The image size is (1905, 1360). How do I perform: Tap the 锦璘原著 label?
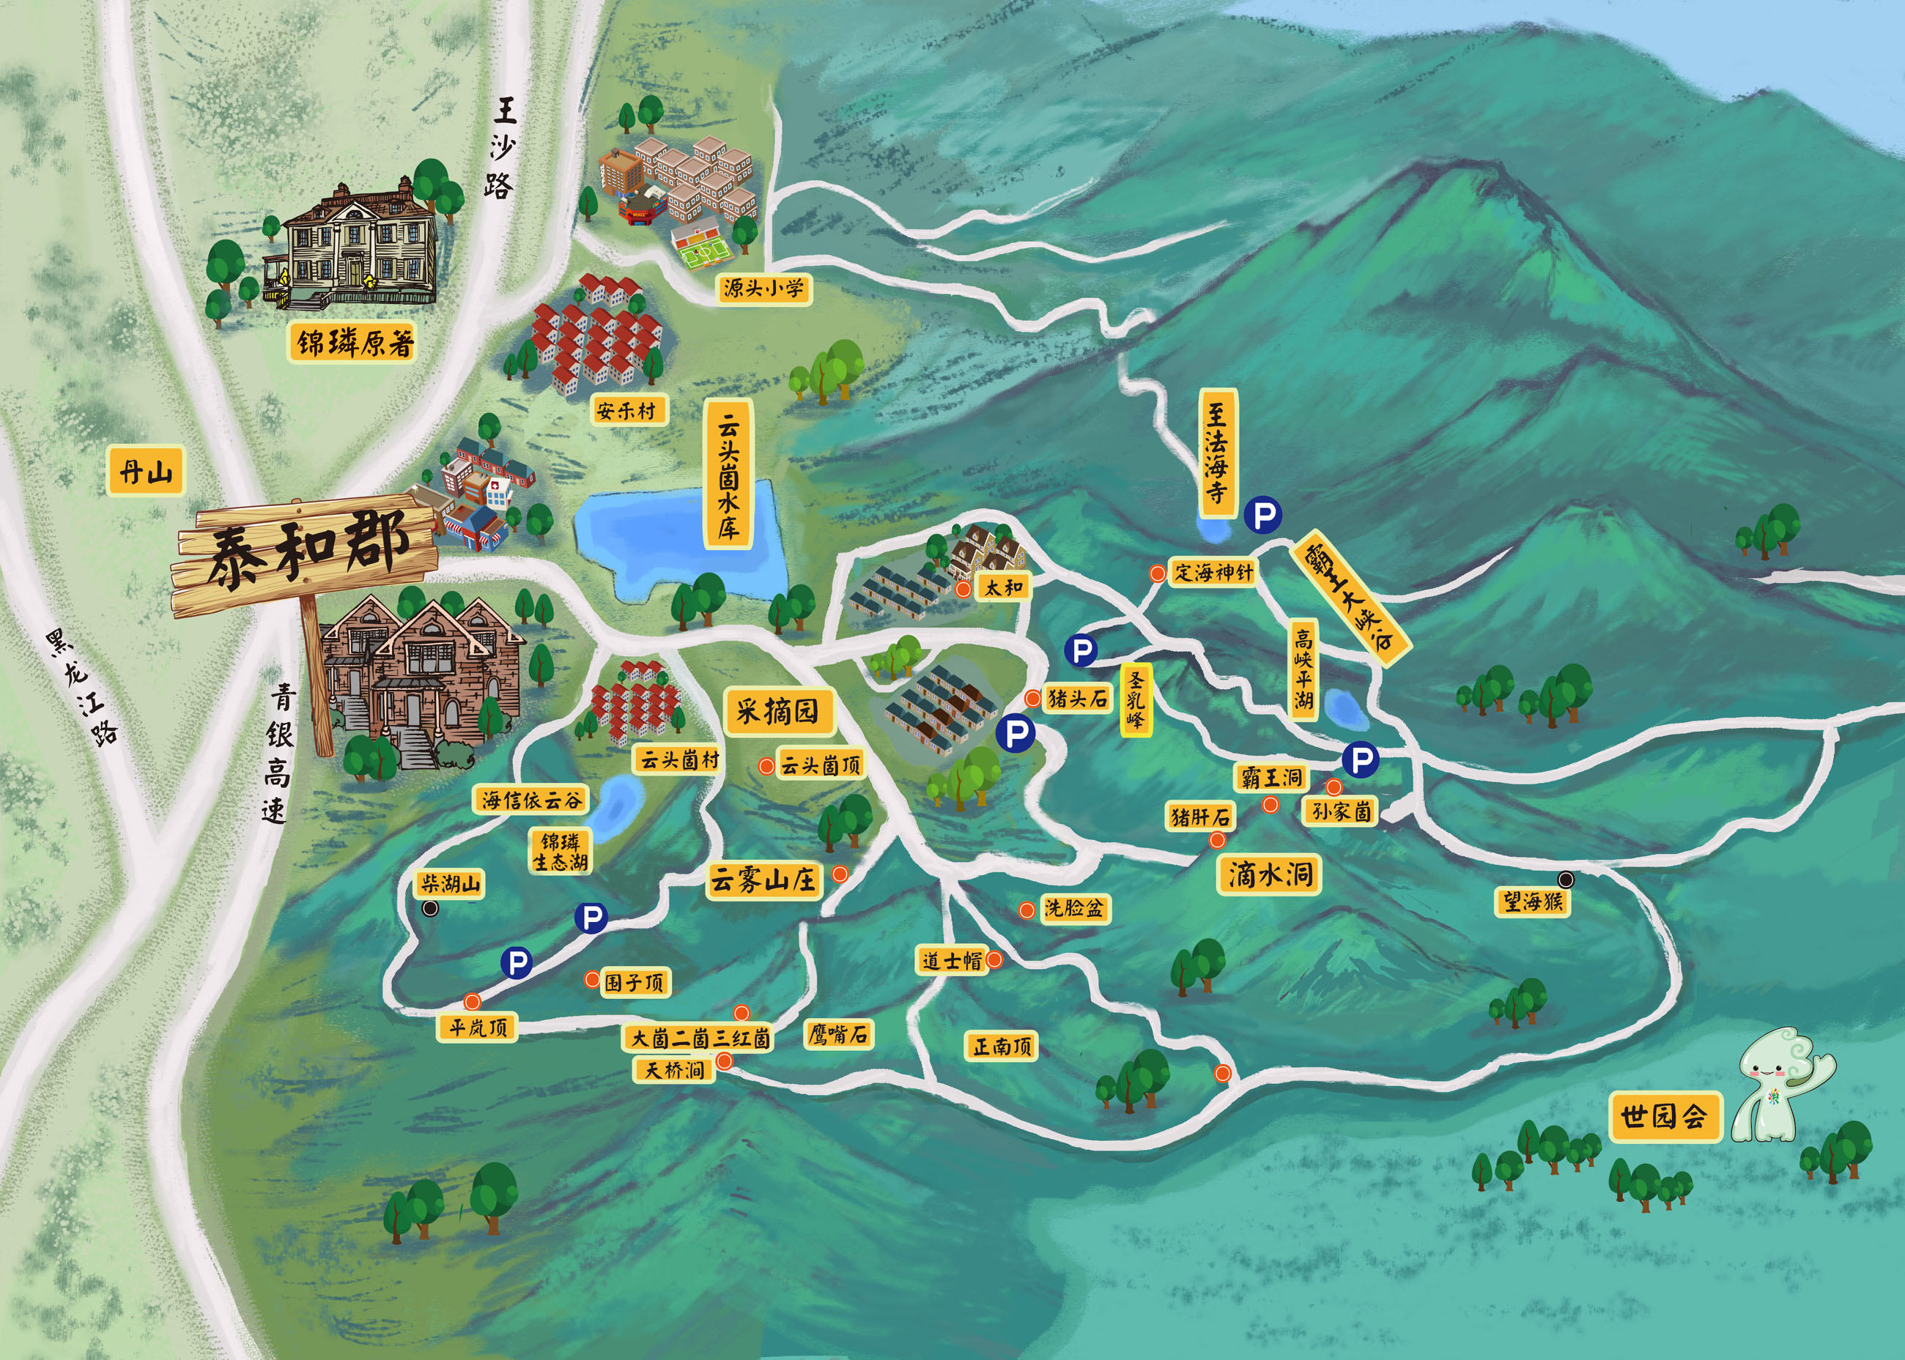point(355,343)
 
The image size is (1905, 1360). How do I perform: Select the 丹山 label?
point(146,472)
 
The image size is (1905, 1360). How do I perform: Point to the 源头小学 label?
point(763,289)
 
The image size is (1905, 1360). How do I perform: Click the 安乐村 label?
point(626,410)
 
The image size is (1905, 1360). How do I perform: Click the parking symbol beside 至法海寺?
point(1262,514)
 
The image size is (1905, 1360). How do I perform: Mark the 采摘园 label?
point(777,712)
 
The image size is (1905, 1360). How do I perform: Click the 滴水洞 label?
point(1270,874)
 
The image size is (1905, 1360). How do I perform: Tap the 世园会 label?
point(1664,1116)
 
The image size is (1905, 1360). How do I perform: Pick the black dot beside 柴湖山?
point(430,909)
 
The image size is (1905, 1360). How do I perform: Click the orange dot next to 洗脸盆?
point(1027,910)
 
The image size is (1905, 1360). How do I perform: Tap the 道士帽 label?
point(952,961)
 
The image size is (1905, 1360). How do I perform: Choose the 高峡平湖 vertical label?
point(1303,670)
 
